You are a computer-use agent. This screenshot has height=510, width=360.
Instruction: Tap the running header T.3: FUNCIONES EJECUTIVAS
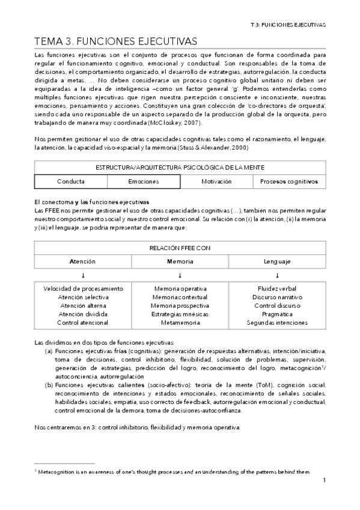[287, 25]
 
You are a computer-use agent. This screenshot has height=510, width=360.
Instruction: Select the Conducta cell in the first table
[71, 181]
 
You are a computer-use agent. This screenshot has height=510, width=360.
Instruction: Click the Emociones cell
[144, 181]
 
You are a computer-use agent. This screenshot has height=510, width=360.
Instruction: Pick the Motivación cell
[216, 181]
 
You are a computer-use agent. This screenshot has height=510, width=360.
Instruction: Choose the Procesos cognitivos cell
[288, 181]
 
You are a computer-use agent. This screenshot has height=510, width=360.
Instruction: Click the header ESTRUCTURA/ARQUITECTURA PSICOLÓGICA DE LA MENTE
[180, 167]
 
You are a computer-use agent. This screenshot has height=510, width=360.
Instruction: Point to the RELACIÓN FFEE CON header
[180, 247]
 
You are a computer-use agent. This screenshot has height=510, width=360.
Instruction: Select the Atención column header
[82, 262]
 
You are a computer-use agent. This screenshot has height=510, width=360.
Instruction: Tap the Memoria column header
[180, 262]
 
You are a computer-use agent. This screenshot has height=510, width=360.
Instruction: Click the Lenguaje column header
[277, 262]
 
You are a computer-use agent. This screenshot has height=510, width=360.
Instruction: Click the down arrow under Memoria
[180, 275]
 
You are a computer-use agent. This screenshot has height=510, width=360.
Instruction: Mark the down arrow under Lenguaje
[277, 275]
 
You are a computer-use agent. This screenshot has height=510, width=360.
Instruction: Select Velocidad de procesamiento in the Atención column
[82, 289]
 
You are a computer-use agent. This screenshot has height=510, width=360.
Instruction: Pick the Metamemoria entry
[180, 322]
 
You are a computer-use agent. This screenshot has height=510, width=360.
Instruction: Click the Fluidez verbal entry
[277, 289]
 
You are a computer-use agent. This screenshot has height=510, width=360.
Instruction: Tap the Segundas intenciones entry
[277, 322]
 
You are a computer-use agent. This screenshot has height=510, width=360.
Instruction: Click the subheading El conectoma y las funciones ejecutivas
[92, 201]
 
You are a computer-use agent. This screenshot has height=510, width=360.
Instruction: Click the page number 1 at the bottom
[324, 480]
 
